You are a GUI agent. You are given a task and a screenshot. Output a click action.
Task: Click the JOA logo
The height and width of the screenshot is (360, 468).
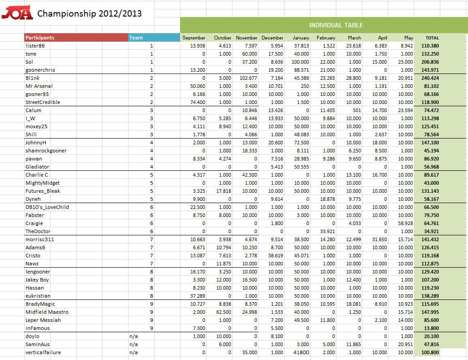tap(17, 14)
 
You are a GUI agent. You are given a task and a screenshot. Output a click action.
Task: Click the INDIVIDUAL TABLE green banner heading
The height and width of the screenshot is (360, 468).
tap(336, 25)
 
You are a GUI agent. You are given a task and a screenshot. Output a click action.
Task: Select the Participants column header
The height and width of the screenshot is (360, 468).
tap(40, 38)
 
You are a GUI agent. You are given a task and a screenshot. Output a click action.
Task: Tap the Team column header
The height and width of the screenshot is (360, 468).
tap(136, 38)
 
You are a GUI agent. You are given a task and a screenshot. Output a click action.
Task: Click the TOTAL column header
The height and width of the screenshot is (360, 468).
tap(432, 38)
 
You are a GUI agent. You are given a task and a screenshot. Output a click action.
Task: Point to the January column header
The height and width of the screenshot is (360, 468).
tap(301, 38)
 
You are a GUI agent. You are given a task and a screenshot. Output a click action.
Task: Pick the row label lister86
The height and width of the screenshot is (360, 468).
tap(34, 46)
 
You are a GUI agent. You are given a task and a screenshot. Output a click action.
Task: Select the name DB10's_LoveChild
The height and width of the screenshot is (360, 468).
tap(47, 207)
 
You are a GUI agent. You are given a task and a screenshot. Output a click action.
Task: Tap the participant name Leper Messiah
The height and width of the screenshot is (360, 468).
tap(43, 320)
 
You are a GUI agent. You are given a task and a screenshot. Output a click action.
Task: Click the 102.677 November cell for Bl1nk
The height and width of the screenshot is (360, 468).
tap(247, 78)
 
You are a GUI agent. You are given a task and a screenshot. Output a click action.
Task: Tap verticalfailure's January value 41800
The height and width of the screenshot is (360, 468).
tap(301, 352)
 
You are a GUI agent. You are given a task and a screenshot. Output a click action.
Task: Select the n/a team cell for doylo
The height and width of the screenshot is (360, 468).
tap(133, 336)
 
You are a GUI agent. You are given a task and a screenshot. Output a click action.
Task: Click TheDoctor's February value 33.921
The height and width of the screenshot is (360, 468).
tap(326, 231)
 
